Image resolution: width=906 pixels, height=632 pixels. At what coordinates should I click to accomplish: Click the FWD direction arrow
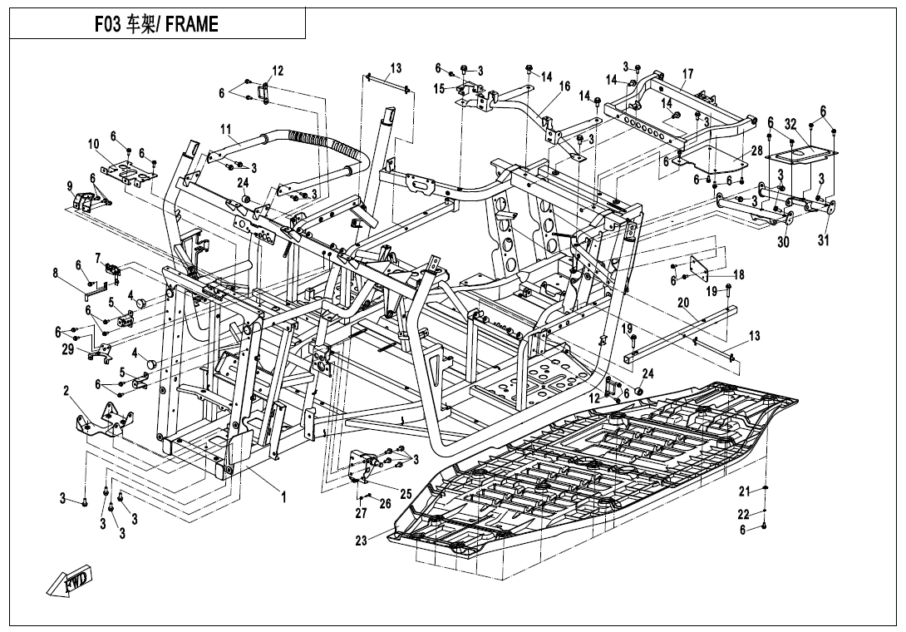coord(69,580)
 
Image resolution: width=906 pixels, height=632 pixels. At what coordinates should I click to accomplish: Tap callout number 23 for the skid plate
coord(361,541)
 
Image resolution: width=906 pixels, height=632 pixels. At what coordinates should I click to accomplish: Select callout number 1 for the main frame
coord(283,496)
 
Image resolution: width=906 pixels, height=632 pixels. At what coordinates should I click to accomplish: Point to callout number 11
coord(225,128)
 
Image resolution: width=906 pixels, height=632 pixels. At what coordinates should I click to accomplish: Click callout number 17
coord(687,74)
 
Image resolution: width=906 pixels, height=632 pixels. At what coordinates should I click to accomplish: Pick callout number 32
coord(790,124)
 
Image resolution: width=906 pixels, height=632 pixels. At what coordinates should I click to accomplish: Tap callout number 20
coord(683,303)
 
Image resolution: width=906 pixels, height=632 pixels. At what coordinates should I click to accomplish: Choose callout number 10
coord(94,143)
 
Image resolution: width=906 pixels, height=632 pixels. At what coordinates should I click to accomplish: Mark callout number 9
coord(70,185)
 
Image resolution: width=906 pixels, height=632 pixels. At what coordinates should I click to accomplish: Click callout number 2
coord(66,392)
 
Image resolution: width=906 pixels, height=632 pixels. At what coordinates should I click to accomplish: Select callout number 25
coord(406,495)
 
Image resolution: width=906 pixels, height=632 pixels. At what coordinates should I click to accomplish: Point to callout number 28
coord(757,151)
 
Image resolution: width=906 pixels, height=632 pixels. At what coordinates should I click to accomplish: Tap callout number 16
coord(564,86)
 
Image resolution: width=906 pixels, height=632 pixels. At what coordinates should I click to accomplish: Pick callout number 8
coord(56,273)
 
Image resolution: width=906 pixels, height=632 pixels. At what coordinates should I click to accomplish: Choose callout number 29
coord(67,350)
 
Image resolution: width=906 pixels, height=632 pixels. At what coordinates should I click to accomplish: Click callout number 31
coord(823,240)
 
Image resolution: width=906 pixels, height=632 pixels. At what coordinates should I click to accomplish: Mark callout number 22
coord(743,514)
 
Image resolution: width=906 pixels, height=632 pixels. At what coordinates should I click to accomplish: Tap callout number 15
coord(440,88)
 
